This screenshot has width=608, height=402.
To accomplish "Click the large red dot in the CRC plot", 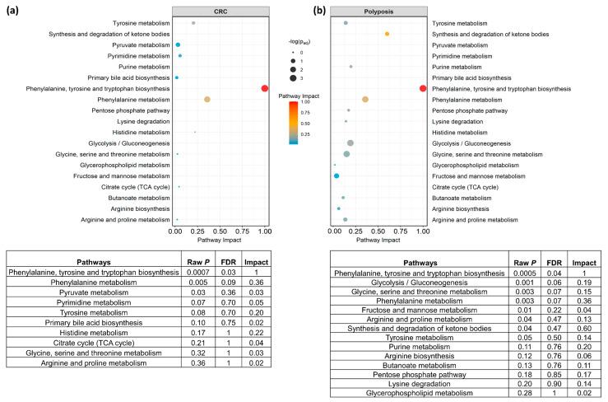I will (x=264, y=88).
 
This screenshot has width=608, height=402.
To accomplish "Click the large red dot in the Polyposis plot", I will (x=422, y=88).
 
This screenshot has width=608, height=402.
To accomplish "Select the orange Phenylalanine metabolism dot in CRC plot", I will (x=207, y=99).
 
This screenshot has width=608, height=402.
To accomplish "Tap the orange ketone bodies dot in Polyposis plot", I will (x=387, y=34).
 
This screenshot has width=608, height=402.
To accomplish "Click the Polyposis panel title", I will (x=378, y=11).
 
